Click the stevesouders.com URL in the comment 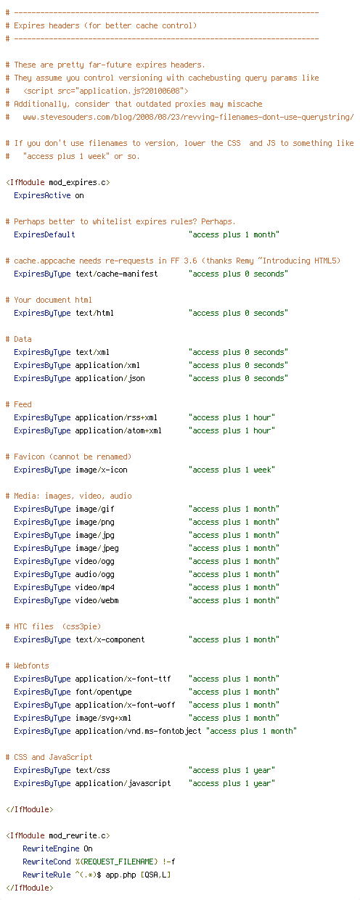pyautogui.click(x=188, y=117)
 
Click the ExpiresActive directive pyautogui.click(x=42, y=195)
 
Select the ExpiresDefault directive pyautogui.click(x=44, y=234)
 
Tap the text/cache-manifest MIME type pyautogui.click(x=117, y=274)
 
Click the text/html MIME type pyautogui.click(x=94, y=313)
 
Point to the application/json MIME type pyautogui.click(x=110, y=378)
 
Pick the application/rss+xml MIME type pyautogui.click(x=116, y=417)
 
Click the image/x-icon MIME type pyautogui.click(x=102, y=470)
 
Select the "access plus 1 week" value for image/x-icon pyautogui.click(x=232, y=470)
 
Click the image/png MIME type pyautogui.click(x=95, y=522)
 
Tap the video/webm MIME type pyautogui.click(x=97, y=600)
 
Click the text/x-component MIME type pyautogui.click(x=110, y=639)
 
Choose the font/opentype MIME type pyautogui.click(x=103, y=692)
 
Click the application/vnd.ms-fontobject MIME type pyautogui.click(x=138, y=731)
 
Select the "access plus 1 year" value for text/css pyautogui.click(x=232, y=770)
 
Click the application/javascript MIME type pyautogui.click(x=123, y=783)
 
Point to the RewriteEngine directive pyautogui.click(x=51, y=848)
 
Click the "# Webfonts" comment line pyautogui.click(x=28, y=666)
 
